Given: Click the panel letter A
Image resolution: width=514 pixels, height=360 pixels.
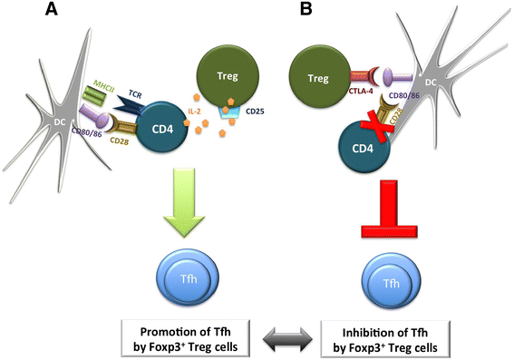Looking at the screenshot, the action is (x=51, y=9).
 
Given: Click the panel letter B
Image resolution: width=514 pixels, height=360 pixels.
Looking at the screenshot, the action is (x=305, y=9).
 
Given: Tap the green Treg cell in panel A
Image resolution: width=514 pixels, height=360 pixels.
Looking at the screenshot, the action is (x=228, y=76).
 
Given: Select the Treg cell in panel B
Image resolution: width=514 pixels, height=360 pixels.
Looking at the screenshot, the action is (x=318, y=78).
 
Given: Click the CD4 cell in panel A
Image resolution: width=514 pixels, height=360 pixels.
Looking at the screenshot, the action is (x=162, y=129).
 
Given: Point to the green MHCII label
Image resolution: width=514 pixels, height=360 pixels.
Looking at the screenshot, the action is (x=103, y=85).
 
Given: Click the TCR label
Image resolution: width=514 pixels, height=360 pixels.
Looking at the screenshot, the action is (x=135, y=94).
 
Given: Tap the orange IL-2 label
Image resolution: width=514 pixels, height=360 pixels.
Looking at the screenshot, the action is (x=194, y=112).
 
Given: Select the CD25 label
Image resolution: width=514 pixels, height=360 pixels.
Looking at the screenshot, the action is (x=255, y=112).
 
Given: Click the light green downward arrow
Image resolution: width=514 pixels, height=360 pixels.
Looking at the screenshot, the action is (x=185, y=202).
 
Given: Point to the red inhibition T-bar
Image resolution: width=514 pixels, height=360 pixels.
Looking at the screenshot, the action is (x=389, y=209).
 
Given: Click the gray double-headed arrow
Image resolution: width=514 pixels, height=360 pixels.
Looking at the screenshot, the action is (x=287, y=339).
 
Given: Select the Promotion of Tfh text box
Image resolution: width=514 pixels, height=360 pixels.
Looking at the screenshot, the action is (x=186, y=338).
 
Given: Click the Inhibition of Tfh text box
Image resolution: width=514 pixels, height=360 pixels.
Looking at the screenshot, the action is (x=385, y=339).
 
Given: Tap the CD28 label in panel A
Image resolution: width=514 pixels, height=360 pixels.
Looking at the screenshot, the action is (x=119, y=141).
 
